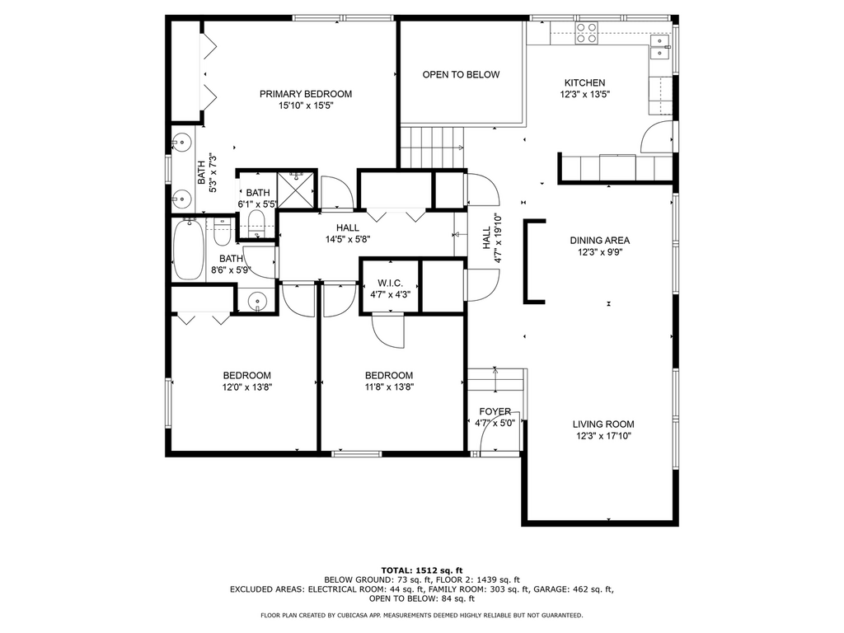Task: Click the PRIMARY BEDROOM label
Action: pos(306,94)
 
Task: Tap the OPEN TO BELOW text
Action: pos(461,75)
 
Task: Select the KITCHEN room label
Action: pos(584,83)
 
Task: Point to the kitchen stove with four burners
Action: pos(587,33)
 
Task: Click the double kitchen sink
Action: pos(660,47)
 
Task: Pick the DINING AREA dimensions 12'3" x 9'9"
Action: pos(600,252)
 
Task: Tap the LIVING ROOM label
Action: pos(603,424)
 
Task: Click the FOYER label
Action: pos(495,412)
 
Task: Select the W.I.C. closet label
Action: pos(390,284)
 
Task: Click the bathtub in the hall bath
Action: pos(189,249)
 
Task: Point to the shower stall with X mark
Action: pos(295,190)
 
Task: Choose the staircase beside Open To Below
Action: pos(432,148)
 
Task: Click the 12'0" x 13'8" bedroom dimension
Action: pos(247,387)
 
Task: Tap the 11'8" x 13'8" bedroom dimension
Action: pos(389,387)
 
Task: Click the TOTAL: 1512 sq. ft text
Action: pos(422,570)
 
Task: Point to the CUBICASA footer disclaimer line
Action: pos(421,615)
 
